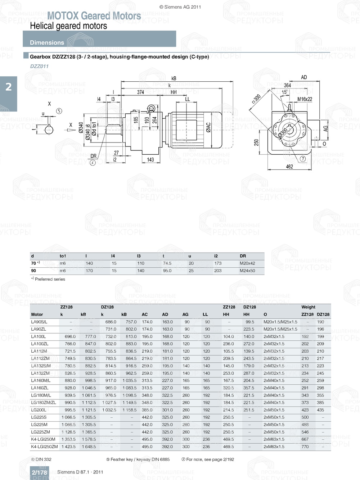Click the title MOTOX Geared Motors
(x=94, y=16)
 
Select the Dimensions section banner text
(x=47, y=42)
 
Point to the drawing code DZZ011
(x=39, y=66)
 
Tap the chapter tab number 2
(x=8, y=87)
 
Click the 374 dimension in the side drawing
(x=140, y=92)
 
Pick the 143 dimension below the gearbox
(x=150, y=159)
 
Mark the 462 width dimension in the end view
(x=289, y=167)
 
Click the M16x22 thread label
(x=305, y=99)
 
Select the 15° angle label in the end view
(x=284, y=92)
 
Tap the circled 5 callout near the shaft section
(x=59, y=111)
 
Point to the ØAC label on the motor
(x=208, y=128)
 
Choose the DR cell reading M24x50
(x=247, y=271)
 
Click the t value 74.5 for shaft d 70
(x=167, y=263)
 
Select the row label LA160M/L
(x=41, y=380)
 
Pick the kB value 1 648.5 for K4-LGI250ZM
(x=89, y=447)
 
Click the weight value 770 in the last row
(x=305, y=447)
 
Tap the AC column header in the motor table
(x=145, y=314)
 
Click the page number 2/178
(x=39, y=472)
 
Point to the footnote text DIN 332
(x=43, y=459)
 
